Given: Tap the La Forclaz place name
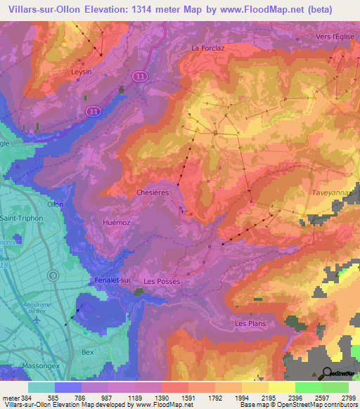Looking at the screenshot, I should click(207, 48).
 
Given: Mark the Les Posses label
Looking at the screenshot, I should click(162, 281).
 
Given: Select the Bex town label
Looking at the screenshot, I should click(88, 352).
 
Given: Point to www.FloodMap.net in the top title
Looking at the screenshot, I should click(256, 8).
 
